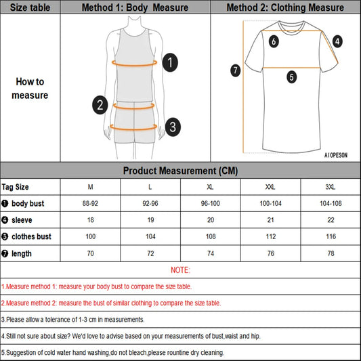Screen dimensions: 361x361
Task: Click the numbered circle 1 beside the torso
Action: coord(171,63)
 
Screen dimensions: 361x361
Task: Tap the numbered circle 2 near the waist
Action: coord(100,104)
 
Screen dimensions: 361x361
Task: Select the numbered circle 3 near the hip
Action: coord(173,126)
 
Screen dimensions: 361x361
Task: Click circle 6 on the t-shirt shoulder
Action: coord(274,41)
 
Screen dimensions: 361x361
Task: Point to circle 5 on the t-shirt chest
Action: coord(291,77)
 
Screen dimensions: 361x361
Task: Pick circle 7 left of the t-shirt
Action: coord(235,70)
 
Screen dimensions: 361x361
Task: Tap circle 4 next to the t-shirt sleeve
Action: coord(337,41)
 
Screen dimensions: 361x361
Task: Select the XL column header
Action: coord(211,187)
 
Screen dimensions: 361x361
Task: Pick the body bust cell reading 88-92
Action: coord(91,203)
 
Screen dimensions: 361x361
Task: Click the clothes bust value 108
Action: coord(211,237)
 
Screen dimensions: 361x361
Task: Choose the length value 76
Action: coord(271,253)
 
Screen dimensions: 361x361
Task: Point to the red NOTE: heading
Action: coord(180,270)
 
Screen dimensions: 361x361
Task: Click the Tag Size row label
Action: coord(16,187)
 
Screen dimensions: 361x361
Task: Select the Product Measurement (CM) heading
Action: coord(180,171)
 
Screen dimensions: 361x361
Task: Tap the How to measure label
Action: coord(30,88)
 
